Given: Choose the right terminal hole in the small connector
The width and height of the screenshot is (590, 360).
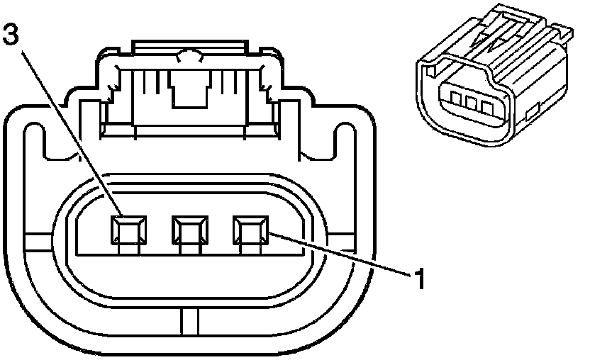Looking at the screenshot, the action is tap(486, 107).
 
